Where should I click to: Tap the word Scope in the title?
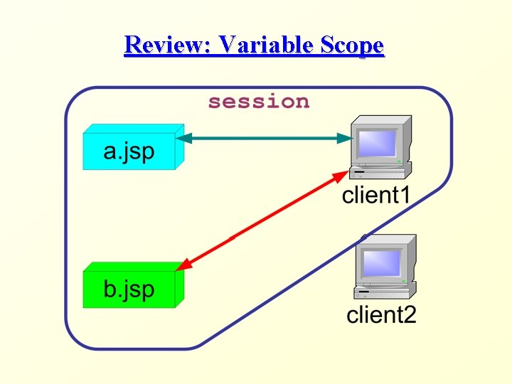tap(353, 46)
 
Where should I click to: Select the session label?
tap(259, 102)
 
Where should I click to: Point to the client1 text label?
tap(376, 195)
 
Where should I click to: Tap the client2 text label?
tap(381, 314)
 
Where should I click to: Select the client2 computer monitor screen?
tap(383, 262)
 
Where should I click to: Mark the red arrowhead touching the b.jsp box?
tap(183, 266)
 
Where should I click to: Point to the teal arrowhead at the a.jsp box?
tap(182, 137)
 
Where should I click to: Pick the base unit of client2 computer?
tap(384, 291)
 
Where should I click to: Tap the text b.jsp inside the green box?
tap(129, 289)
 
